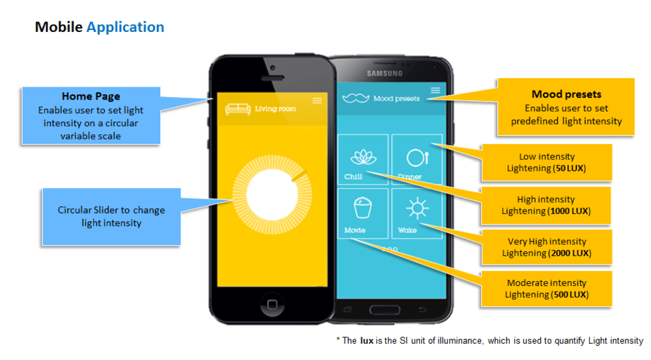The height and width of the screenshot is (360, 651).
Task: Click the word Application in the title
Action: (x=125, y=27)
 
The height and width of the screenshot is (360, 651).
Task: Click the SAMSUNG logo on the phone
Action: (x=384, y=74)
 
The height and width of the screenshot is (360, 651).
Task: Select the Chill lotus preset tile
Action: (x=363, y=159)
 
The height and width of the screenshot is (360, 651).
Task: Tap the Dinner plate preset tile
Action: (x=416, y=159)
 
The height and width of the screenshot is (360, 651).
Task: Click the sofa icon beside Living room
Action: (x=238, y=109)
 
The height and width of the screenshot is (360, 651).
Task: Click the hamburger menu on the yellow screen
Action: (x=317, y=100)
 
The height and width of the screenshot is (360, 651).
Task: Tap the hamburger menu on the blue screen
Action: (x=436, y=90)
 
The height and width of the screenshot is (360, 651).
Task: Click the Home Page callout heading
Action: (x=90, y=97)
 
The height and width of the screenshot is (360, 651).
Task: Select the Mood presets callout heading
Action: (x=566, y=94)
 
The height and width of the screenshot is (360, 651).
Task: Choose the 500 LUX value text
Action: (x=568, y=295)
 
